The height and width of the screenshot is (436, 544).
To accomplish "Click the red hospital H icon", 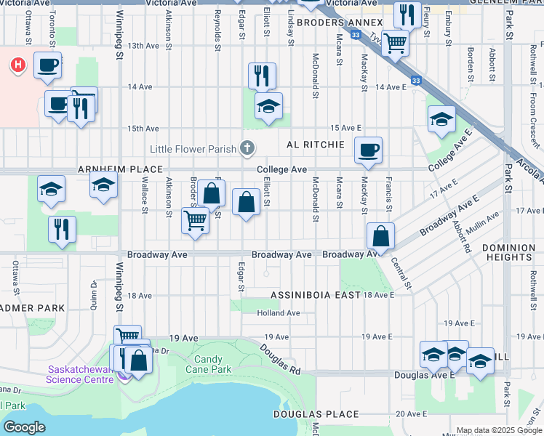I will (x=17, y=66).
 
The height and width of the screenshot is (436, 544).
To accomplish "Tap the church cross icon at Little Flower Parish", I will (x=247, y=149).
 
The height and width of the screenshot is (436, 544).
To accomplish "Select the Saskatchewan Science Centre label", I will (x=79, y=374).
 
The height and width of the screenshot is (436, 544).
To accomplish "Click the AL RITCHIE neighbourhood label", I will (x=316, y=145).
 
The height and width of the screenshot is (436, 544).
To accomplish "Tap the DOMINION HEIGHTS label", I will (x=508, y=253).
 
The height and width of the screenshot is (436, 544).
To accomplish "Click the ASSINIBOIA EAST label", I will (x=316, y=295).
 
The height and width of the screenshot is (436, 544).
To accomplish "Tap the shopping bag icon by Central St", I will (x=380, y=236).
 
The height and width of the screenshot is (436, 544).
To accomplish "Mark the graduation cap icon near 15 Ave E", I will (x=441, y=119).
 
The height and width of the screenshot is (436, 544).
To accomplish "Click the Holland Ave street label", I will (x=279, y=313).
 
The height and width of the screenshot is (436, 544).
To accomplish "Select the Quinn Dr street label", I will (x=93, y=294).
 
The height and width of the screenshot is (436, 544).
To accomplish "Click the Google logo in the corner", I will (x=24, y=427).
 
